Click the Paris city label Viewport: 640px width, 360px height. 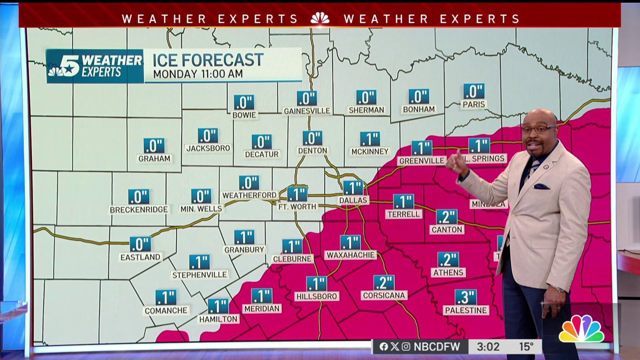[474, 105]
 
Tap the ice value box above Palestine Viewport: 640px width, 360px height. [466, 297]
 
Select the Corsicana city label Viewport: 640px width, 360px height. [384, 295]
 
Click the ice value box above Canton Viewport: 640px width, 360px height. [447, 217]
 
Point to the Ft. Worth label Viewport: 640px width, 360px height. [297, 206]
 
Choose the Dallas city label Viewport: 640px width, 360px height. [353, 201]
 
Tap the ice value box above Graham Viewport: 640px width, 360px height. [154, 146]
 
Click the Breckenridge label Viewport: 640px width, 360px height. [139, 210]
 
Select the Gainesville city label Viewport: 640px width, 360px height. [307, 110]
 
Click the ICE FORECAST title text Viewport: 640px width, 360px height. [208, 59]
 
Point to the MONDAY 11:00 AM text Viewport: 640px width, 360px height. [197, 74]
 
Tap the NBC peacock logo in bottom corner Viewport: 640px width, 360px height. [581, 330]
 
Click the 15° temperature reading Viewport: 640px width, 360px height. [527, 347]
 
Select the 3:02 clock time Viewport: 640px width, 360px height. [488, 347]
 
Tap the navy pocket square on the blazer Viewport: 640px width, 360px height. [541, 187]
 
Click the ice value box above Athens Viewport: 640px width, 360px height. [448, 259]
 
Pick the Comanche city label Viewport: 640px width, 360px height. [166, 310]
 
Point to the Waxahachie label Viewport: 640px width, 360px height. [350, 255]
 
